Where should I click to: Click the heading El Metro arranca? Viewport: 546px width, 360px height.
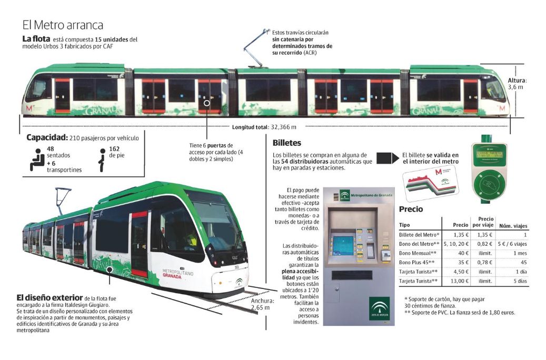63,25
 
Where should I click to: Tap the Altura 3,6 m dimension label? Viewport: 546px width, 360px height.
517,83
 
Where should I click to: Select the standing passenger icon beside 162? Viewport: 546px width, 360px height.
102,159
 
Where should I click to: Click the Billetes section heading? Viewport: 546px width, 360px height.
287,143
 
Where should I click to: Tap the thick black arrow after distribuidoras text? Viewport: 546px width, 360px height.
386,158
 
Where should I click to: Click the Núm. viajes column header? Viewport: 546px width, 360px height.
513,226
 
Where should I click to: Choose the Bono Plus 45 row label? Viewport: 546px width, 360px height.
416,262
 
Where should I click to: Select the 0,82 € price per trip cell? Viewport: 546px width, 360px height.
485,244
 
